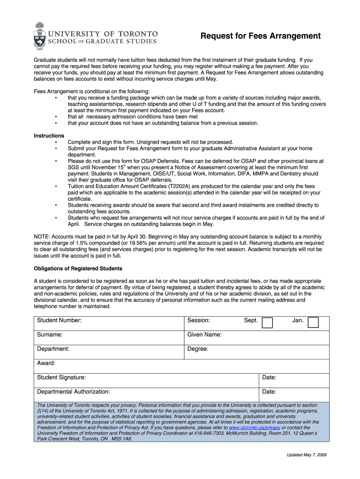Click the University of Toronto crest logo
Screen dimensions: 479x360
pyautogui.click(x=40, y=36)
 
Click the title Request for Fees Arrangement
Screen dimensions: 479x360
pyautogui.click(x=260, y=36)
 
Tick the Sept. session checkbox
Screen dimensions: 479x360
pyautogui.click(x=267, y=322)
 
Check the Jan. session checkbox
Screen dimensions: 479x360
pyautogui.click(x=313, y=322)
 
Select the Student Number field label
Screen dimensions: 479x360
pyautogui.click(x=59, y=320)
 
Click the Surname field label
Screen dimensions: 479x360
pyautogui.click(x=50, y=334)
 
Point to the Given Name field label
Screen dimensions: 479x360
pyautogui.click(x=204, y=334)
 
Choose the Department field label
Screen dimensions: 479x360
pyautogui.click(x=53, y=349)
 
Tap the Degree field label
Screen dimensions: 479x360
pyautogui.click(x=198, y=349)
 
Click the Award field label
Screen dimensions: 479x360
pyautogui.click(x=46, y=363)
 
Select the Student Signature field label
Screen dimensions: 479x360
pyautogui.click(x=61, y=377)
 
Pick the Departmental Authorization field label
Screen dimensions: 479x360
pyautogui.click(x=73, y=392)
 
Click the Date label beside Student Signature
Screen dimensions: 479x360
pyautogui.click(x=269, y=377)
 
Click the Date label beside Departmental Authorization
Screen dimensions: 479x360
pyautogui.click(x=269, y=392)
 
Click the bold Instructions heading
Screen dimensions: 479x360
pyautogui.click(x=49, y=136)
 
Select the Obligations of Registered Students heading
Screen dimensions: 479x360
pyautogui.click(x=78, y=269)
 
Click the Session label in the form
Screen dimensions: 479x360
pyautogui.click(x=199, y=320)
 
